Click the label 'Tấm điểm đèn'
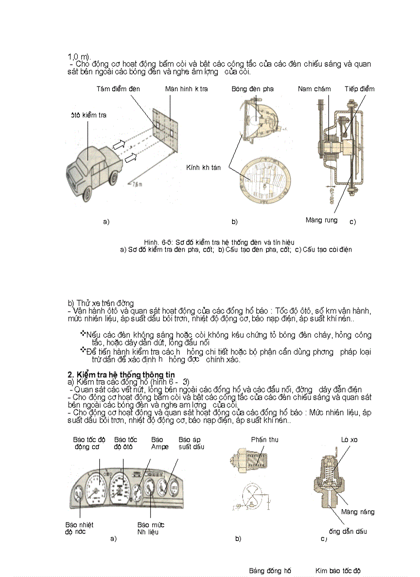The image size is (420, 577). (x=118, y=89)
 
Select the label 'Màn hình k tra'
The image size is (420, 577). (x=186, y=89)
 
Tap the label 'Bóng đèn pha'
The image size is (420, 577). (x=252, y=89)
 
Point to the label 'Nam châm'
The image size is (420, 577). (x=314, y=89)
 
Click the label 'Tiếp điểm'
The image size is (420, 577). (x=359, y=89)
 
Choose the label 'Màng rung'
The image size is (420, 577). (x=321, y=220)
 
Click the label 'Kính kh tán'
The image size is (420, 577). (x=203, y=167)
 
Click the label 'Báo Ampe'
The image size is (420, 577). (x=157, y=443)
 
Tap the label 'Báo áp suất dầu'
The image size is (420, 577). (x=191, y=443)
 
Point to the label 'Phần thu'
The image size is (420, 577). (x=265, y=439)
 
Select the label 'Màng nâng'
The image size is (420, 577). (x=358, y=512)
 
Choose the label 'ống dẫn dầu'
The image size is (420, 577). (x=347, y=531)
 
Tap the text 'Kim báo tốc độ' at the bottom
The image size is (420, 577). (x=338, y=570)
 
